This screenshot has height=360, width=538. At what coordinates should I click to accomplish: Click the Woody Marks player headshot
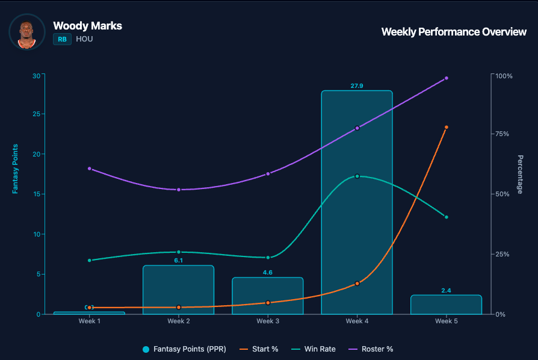(x=26, y=32)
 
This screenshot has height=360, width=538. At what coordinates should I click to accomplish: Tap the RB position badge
(x=62, y=39)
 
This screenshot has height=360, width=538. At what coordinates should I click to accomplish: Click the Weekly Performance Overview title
(x=454, y=32)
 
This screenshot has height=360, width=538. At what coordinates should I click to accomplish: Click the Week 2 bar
(x=179, y=290)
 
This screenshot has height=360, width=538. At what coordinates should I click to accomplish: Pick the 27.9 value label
(x=357, y=86)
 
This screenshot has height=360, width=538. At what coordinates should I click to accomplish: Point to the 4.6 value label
(x=268, y=273)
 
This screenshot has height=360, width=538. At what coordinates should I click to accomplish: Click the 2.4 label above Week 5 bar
(x=446, y=291)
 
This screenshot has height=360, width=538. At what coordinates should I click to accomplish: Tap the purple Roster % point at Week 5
(x=446, y=78)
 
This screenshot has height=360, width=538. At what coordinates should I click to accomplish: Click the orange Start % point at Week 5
(x=446, y=128)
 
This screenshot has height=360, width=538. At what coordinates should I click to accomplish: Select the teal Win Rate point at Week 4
(x=357, y=176)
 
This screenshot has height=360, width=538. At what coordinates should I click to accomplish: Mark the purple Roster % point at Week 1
(x=90, y=169)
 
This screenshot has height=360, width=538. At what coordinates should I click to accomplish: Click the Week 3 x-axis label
(x=268, y=321)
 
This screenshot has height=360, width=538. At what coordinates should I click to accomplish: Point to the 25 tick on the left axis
(x=36, y=114)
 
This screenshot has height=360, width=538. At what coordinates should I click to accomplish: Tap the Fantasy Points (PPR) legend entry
(x=184, y=349)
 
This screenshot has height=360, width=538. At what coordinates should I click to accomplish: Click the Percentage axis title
(x=520, y=175)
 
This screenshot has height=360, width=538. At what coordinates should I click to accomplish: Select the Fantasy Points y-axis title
(x=16, y=169)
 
